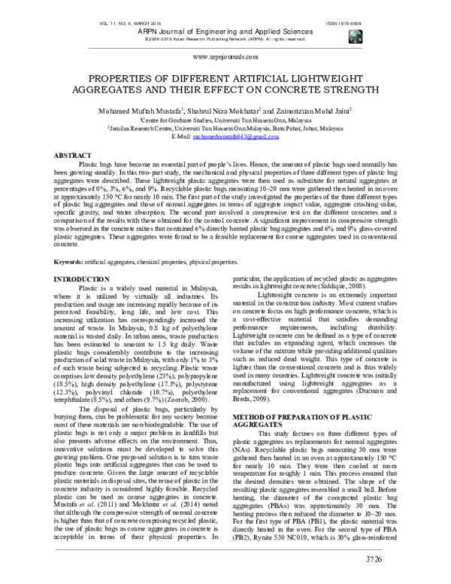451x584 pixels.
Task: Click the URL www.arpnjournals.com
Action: [x=224, y=57]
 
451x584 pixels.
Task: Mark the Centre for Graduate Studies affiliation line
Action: [x=225, y=120]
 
